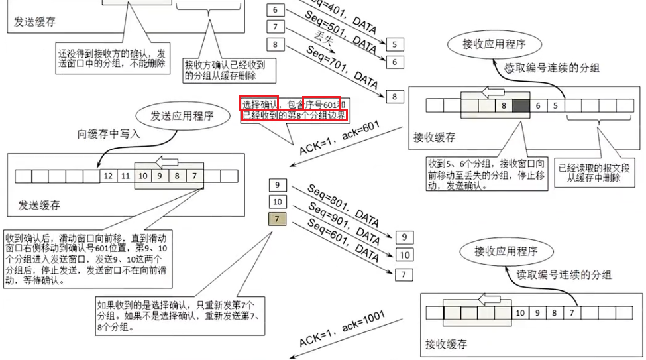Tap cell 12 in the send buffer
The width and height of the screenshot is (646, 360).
pyautogui.click(x=108, y=176)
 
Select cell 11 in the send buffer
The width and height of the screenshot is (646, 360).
pyautogui.click(x=125, y=176)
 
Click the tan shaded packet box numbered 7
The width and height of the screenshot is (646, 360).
pyautogui.click(x=277, y=219)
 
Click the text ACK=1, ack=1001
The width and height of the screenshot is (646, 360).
pyautogui.click(x=341, y=330)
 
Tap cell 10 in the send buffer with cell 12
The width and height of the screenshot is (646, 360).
pyautogui.click(x=142, y=176)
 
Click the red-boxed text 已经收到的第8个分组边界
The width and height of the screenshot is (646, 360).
pyautogui.click(x=294, y=115)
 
